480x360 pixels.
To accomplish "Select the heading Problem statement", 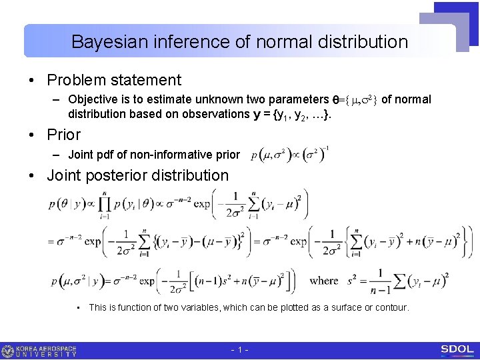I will [114, 80].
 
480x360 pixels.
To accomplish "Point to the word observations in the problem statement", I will [218, 114].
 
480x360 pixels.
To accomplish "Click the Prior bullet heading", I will [64, 135].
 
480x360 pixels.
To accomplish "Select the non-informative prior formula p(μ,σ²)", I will [289, 155].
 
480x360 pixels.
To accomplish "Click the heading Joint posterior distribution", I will [138, 175].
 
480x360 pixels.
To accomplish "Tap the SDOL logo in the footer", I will [457, 350].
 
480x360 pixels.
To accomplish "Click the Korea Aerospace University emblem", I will [8, 351].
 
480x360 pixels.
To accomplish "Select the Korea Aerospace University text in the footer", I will [47, 351].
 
